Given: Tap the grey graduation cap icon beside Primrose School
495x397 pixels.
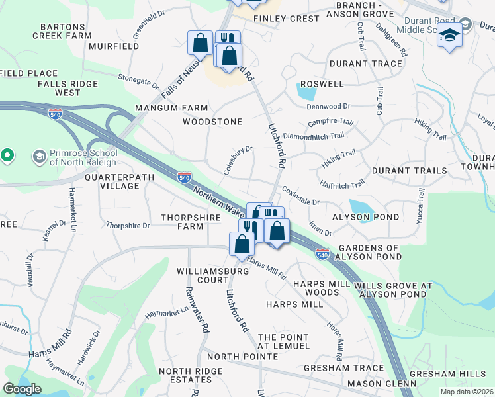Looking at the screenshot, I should [40, 157].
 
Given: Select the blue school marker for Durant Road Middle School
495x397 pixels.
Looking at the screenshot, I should [449, 34].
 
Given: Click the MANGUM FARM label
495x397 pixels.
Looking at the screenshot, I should [171, 108].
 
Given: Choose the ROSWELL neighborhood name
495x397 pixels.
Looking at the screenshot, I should [322, 84].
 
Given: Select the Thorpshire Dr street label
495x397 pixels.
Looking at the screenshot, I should [128, 226].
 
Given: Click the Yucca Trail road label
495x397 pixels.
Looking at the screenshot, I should [420, 205].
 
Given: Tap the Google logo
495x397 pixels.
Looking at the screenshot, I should [22, 388].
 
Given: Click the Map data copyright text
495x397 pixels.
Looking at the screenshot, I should [467, 392].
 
